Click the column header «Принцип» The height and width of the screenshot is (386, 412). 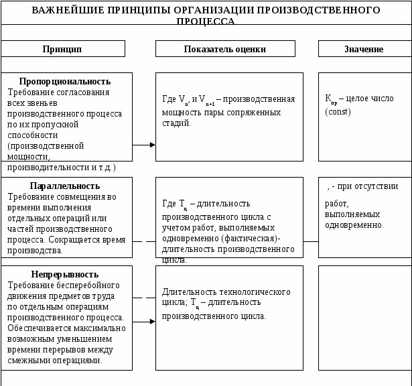pyautogui.click(x=62, y=49)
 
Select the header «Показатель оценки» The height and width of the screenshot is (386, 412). pyautogui.click(x=225, y=49)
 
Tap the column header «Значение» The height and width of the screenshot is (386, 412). pyautogui.click(x=364, y=49)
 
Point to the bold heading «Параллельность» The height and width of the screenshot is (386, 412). pyautogui.click(x=65, y=186)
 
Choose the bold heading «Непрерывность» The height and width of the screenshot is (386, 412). pyautogui.click(x=64, y=274)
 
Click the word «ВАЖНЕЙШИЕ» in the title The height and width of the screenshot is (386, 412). pyautogui.click(x=64, y=11)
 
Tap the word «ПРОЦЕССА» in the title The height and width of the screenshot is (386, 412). pyautogui.click(x=206, y=21)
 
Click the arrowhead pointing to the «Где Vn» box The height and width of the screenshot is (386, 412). pyautogui.click(x=152, y=145)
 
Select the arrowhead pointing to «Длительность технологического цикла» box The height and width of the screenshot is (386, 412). pyautogui.click(x=152, y=322)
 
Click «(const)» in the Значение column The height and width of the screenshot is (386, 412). pyautogui.click(x=338, y=111)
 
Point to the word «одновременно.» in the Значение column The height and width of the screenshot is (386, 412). pyautogui.click(x=354, y=225)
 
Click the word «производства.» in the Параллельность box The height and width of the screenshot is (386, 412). pyautogui.click(x=36, y=251)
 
